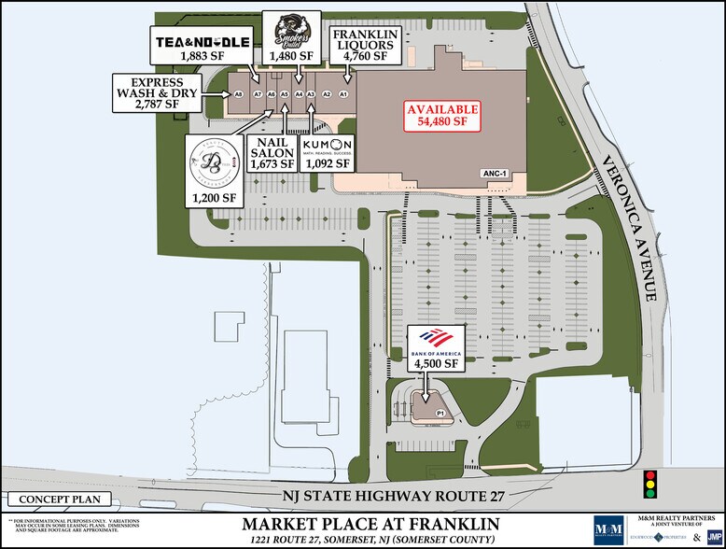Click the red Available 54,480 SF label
(x=442, y=116)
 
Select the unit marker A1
(x=343, y=93)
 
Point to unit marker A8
(x=239, y=93)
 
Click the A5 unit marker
(x=283, y=93)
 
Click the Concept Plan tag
(x=58, y=499)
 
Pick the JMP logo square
(x=713, y=535)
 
